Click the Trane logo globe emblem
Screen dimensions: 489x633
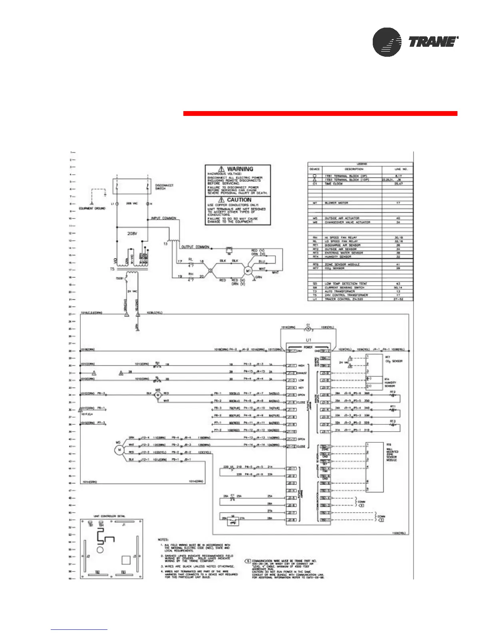click(x=387, y=42)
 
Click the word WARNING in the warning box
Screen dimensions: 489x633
click(x=240, y=169)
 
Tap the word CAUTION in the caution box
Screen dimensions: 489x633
click(x=239, y=200)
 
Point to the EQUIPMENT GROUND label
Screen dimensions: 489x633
click(x=92, y=208)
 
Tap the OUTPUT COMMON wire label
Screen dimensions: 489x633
click(x=195, y=247)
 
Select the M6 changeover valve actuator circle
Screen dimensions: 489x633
click(x=158, y=395)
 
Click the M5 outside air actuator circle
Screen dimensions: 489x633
click(x=119, y=450)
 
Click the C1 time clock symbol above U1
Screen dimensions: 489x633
click(x=308, y=329)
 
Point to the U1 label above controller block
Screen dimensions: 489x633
click(x=308, y=340)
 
